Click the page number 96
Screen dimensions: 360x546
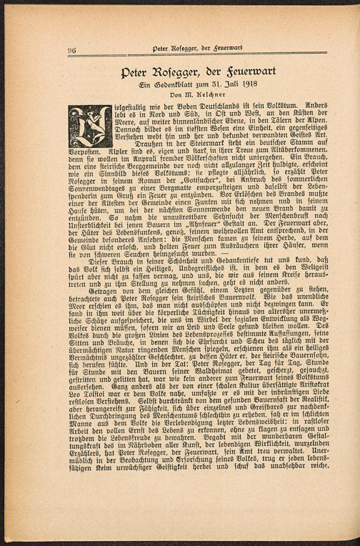coord(72,50)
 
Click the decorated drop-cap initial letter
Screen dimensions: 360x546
coord(89,126)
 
